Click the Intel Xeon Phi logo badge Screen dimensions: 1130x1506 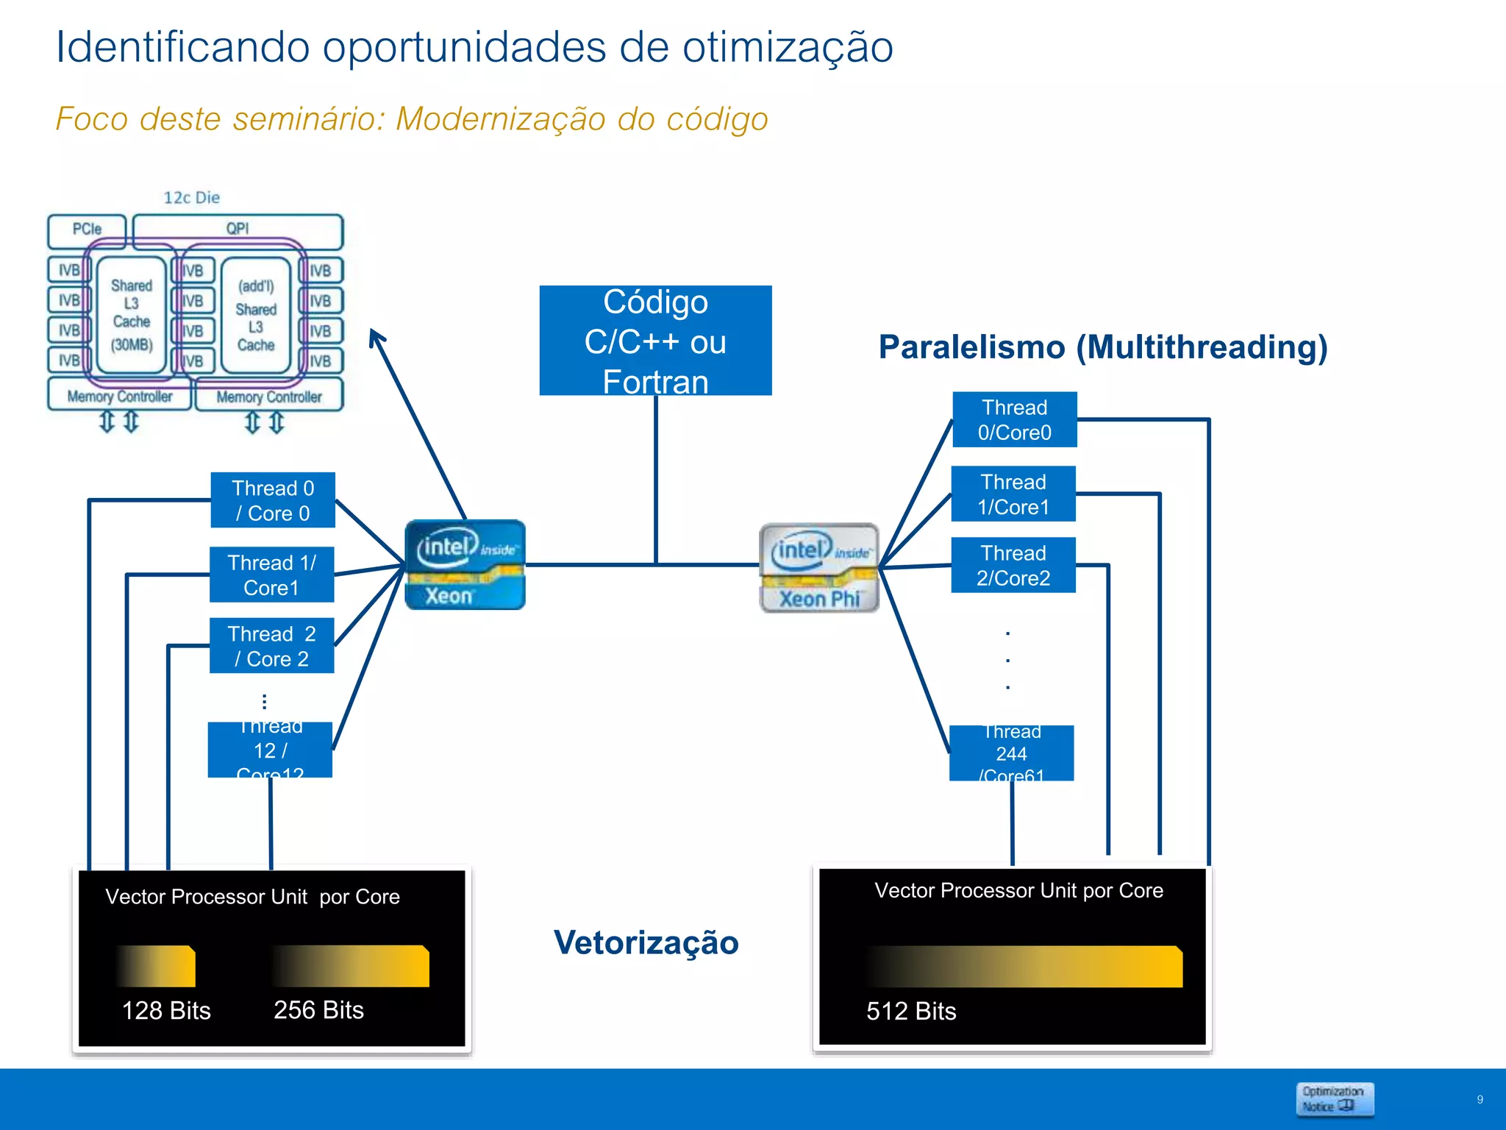point(819,567)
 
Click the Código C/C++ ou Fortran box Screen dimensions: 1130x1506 point(655,341)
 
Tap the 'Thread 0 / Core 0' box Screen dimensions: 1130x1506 point(273,500)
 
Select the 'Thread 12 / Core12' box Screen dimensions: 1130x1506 point(270,750)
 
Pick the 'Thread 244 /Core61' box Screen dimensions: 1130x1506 point(1011,753)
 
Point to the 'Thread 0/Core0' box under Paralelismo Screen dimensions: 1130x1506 point(1014,419)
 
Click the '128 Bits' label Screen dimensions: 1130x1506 point(166,1010)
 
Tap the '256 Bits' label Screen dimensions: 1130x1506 point(318,1009)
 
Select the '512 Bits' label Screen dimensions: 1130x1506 point(911,1011)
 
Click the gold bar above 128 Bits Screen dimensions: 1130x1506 point(156,966)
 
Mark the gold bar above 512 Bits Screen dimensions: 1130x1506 point(1024,966)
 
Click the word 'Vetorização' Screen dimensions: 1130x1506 point(646,942)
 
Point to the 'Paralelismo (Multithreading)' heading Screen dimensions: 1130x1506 point(1103,347)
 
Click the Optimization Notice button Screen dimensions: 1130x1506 point(1334,1099)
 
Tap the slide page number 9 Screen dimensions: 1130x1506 point(1480,1099)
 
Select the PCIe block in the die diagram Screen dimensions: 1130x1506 point(87,230)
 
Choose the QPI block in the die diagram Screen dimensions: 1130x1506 point(238,230)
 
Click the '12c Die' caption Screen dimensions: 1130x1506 point(191,197)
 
